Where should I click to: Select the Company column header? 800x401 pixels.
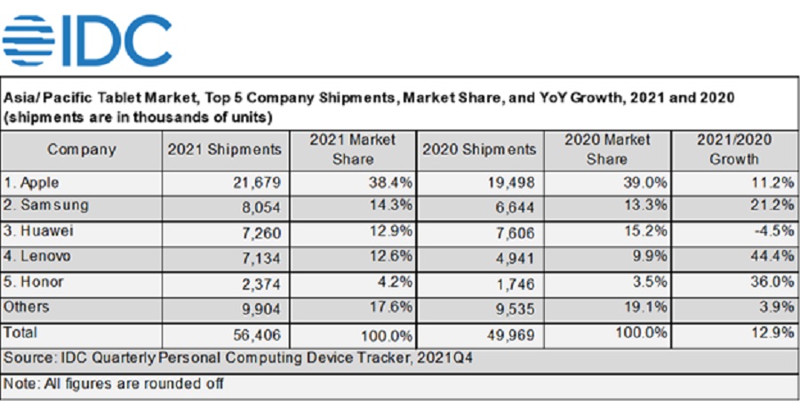(x=82, y=149)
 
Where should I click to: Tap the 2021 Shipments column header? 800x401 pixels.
(x=224, y=149)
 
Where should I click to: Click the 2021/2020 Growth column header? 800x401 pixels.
(x=734, y=149)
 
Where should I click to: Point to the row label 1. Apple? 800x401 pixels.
(x=35, y=183)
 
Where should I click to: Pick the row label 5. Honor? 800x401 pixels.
(x=36, y=283)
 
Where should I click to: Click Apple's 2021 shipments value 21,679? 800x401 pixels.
(x=257, y=183)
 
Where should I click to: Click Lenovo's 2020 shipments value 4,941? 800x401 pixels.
(x=516, y=258)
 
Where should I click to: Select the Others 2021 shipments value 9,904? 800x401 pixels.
(x=261, y=308)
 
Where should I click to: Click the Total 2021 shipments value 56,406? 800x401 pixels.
(x=257, y=335)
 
